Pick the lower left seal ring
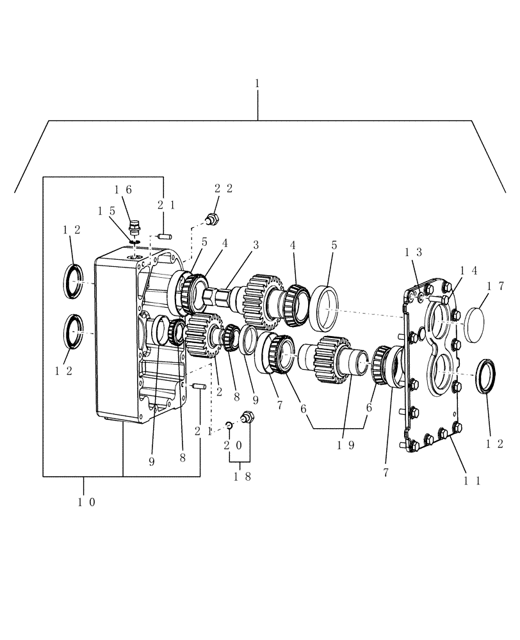coord(72,332)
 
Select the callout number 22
coord(223,188)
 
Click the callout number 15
coord(106,211)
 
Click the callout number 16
coord(123,189)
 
